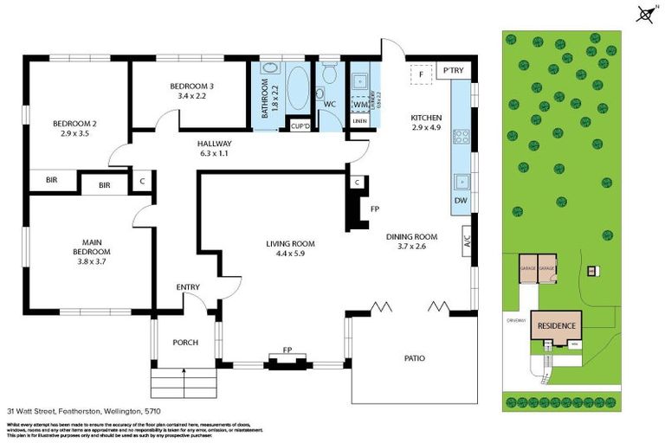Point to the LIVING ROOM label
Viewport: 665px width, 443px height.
point(290,248)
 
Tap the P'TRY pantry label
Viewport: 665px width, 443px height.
point(452,70)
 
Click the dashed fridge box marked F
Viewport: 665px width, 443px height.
point(421,74)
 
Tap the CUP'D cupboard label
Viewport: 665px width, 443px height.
point(300,125)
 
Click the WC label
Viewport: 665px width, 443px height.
point(329,105)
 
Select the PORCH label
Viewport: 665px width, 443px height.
point(185,342)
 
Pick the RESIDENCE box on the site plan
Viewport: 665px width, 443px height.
point(555,326)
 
